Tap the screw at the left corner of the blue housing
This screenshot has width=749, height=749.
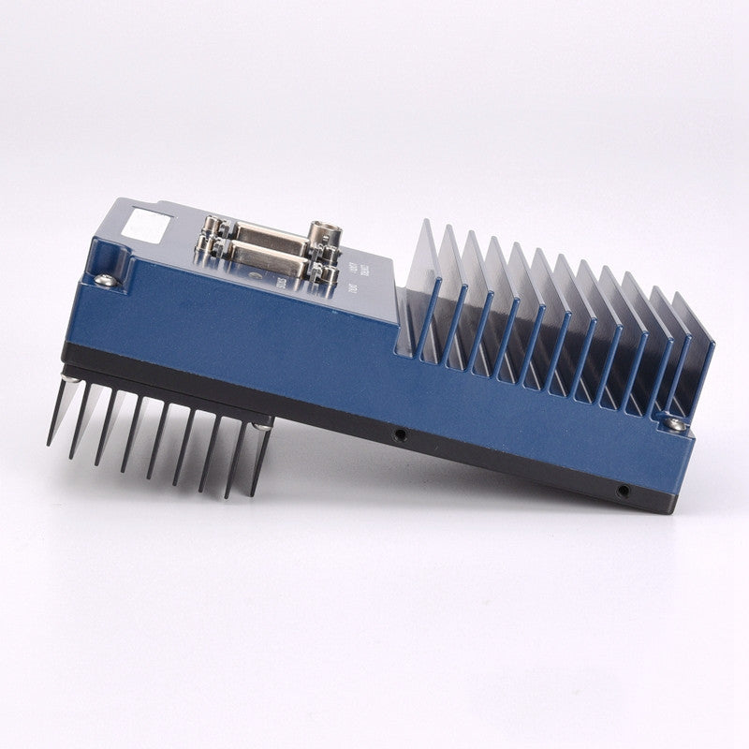[x=107, y=279]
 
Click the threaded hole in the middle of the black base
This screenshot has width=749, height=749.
[x=400, y=434]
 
